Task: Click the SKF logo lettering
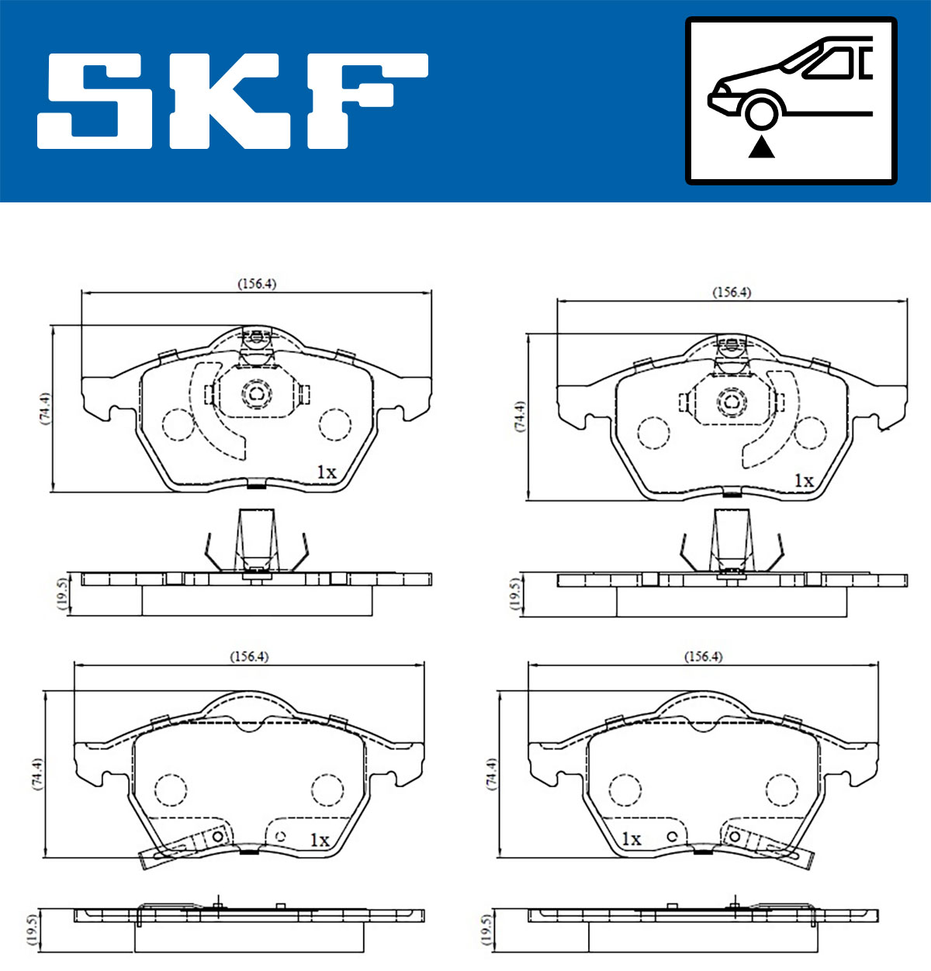232,101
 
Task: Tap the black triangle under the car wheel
761,147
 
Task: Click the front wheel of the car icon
761,112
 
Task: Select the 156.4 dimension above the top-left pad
257,283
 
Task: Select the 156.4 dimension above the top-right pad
732,292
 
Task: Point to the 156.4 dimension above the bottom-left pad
249,656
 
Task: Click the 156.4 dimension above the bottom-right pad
703,656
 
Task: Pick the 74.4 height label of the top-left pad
45,408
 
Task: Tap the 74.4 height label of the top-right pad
520,416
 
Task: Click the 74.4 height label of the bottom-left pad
37,774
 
